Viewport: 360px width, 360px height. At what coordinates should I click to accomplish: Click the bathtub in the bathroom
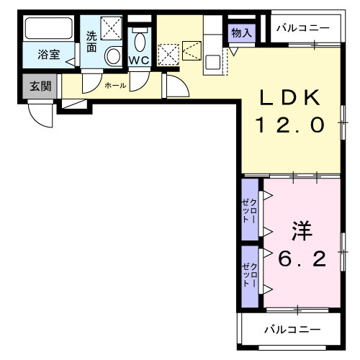[x=48, y=30]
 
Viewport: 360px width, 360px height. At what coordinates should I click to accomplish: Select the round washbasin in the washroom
[x=113, y=56]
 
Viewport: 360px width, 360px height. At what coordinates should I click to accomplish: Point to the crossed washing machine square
[x=112, y=30]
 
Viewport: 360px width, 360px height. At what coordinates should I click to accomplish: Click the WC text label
[x=140, y=60]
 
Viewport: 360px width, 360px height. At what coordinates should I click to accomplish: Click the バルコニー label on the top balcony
[x=303, y=30]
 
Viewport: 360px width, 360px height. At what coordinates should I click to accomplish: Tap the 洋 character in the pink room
[x=302, y=231]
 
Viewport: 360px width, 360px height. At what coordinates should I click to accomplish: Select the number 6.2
[x=302, y=257]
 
